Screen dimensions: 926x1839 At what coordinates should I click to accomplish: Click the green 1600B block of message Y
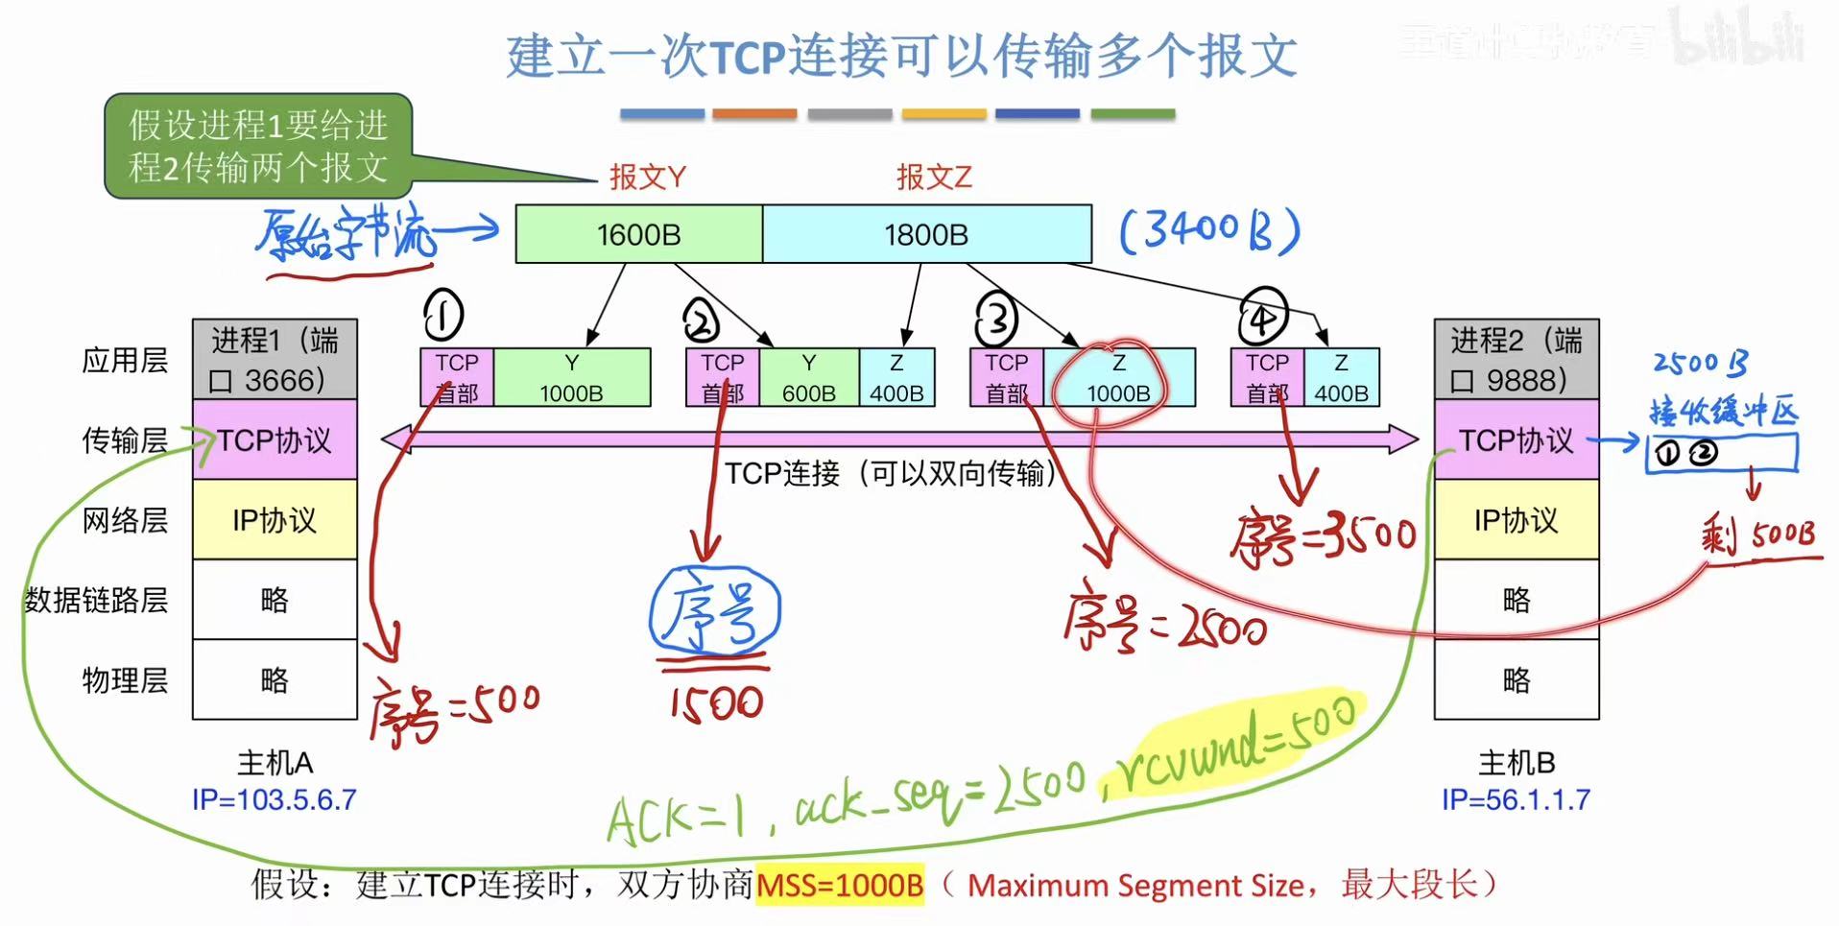tap(638, 234)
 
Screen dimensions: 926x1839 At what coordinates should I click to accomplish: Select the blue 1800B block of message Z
tap(926, 234)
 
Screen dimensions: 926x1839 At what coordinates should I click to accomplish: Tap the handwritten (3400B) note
tap(1209, 231)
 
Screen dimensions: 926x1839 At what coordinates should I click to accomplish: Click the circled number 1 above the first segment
tap(442, 315)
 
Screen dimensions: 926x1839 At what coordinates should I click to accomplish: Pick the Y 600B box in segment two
tap(808, 378)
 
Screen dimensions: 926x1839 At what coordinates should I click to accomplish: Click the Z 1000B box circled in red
tap(1118, 378)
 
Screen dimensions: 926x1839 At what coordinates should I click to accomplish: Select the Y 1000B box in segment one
tap(571, 378)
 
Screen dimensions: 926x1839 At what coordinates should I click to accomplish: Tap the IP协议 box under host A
tap(275, 520)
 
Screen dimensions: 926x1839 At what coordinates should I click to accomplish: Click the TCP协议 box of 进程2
tap(1516, 440)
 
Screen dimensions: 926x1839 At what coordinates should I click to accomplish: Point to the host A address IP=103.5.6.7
tap(275, 799)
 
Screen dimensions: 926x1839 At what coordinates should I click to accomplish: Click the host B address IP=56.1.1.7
tap(1516, 799)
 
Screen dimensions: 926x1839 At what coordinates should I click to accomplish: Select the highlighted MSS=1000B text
tap(840, 885)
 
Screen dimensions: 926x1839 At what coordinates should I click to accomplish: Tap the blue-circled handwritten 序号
tap(715, 611)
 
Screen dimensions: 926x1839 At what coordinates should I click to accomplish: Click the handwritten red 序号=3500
tap(1325, 537)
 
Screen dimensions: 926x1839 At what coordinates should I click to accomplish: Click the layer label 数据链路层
tap(96, 600)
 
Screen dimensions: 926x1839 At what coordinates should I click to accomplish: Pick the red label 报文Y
tap(647, 177)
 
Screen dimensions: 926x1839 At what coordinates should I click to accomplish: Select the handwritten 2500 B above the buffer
tap(1700, 363)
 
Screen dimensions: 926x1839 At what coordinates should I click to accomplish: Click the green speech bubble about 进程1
tap(258, 146)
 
